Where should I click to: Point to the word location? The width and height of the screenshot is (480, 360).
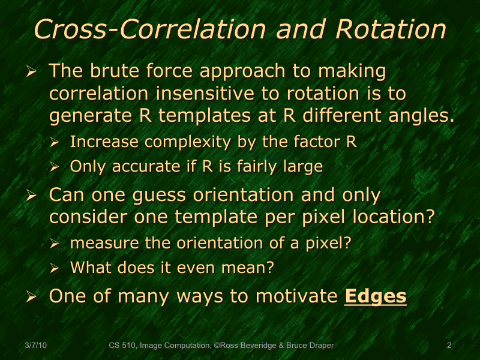(x=391, y=217)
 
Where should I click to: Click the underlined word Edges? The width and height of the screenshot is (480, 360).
(x=375, y=296)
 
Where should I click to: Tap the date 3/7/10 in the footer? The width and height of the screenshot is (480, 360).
(x=37, y=345)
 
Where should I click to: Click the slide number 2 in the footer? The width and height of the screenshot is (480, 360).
(x=449, y=345)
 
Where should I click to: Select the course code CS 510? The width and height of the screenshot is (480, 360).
(x=122, y=345)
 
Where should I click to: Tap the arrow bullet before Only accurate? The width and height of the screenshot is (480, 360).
(x=55, y=167)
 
